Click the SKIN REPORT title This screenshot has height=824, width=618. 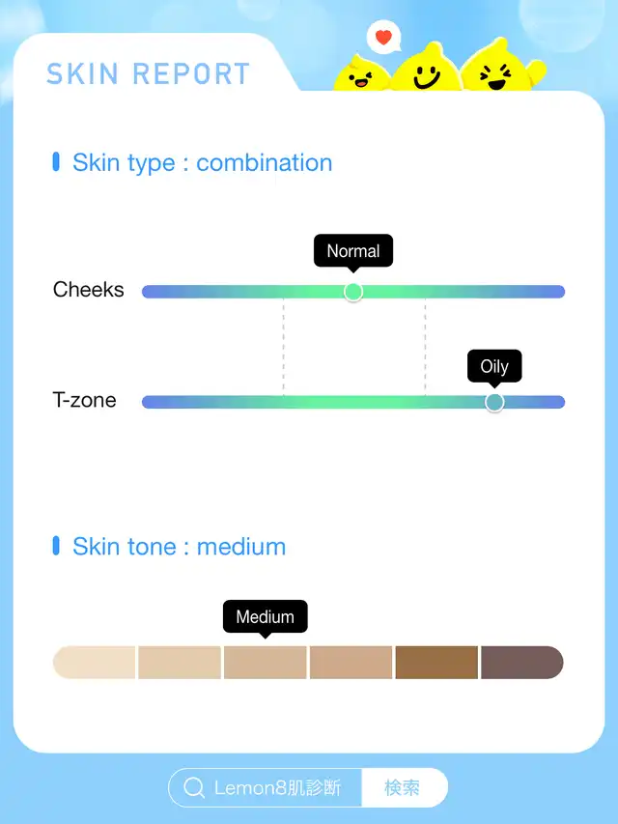point(148,73)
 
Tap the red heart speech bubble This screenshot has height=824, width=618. point(383,37)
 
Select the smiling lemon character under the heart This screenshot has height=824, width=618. point(426,69)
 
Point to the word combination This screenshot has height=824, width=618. point(265,162)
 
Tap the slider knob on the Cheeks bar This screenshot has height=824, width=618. point(353,292)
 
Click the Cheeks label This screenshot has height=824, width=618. point(88,290)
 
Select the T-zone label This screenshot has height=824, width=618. point(84,400)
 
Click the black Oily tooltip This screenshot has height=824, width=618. point(494,367)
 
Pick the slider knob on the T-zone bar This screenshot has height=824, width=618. point(494,402)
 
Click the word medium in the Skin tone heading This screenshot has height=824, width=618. point(241,547)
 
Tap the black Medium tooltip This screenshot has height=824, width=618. point(266,618)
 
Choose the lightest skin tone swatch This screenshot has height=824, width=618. point(94,662)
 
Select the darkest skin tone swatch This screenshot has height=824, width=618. point(521,662)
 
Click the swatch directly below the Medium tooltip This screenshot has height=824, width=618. point(266,662)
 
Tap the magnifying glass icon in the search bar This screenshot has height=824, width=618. point(194,787)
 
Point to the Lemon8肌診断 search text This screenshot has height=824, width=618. point(277,787)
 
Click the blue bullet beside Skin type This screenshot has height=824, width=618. point(56,162)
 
